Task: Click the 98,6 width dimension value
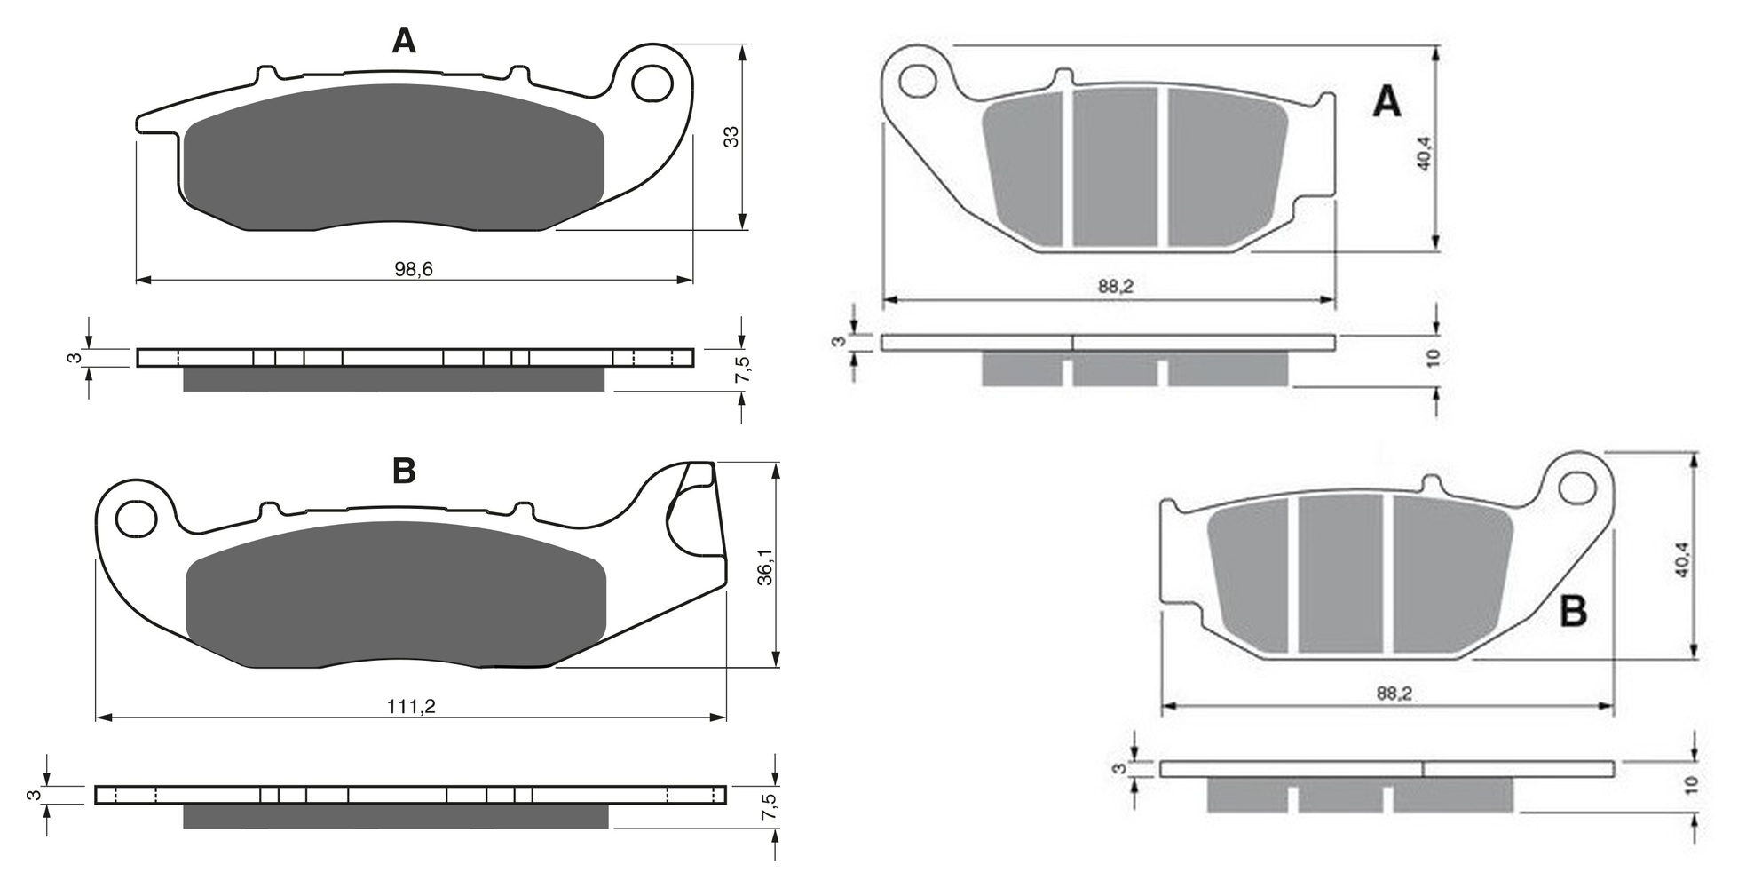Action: (414, 269)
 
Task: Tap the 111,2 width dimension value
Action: (411, 707)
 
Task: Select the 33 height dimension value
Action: (731, 137)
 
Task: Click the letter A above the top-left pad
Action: (404, 40)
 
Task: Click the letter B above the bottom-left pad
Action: (404, 471)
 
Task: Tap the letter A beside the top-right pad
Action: (1387, 103)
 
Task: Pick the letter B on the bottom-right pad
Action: (1574, 612)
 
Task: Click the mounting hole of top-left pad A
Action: (652, 83)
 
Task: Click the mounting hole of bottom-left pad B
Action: (137, 519)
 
